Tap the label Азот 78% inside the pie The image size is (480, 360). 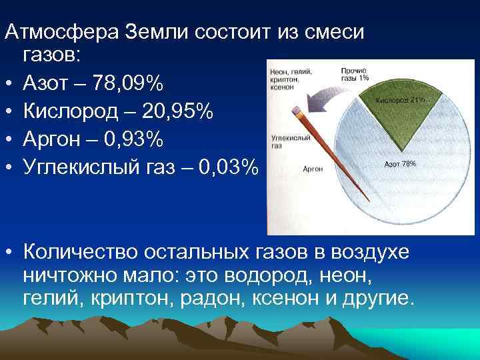click(401, 164)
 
